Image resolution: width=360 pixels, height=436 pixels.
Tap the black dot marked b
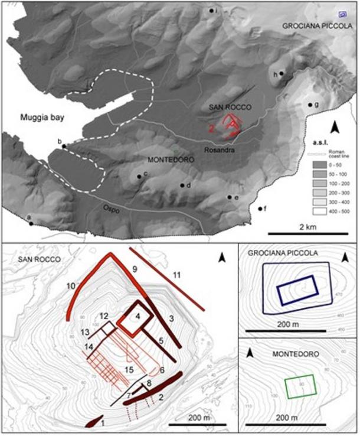click(x=64, y=146)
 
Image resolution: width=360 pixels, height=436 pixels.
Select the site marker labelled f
click(x=260, y=209)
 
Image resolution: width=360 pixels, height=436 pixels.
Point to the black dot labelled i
click(x=211, y=11)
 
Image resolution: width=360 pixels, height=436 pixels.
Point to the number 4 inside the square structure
click(x=138, y=317)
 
